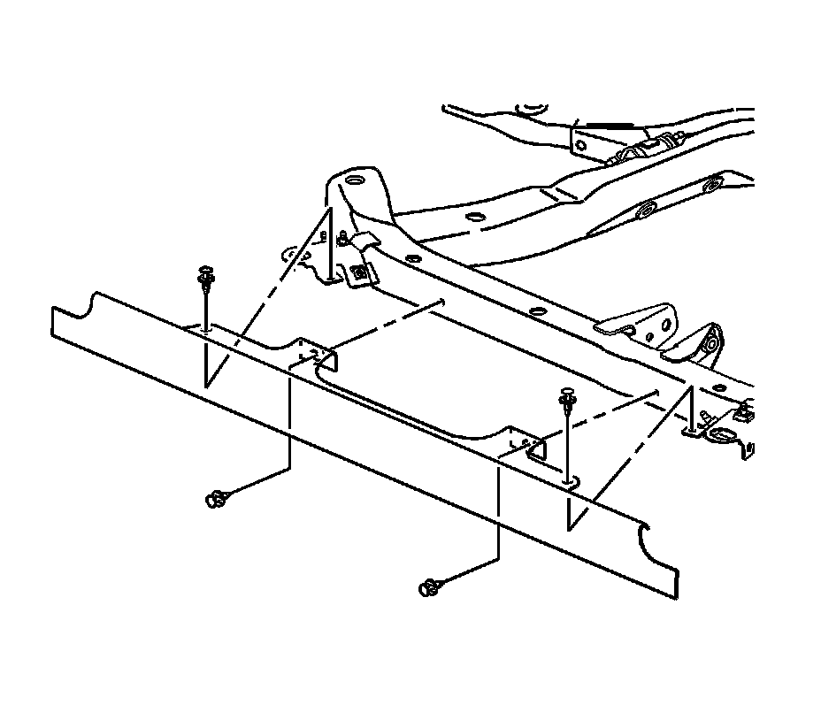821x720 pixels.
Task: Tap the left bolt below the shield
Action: (x=215, y=500)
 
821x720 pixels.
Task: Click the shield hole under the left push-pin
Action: (x=205, y=329)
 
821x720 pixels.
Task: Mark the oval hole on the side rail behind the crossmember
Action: (x=646, y=211)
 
